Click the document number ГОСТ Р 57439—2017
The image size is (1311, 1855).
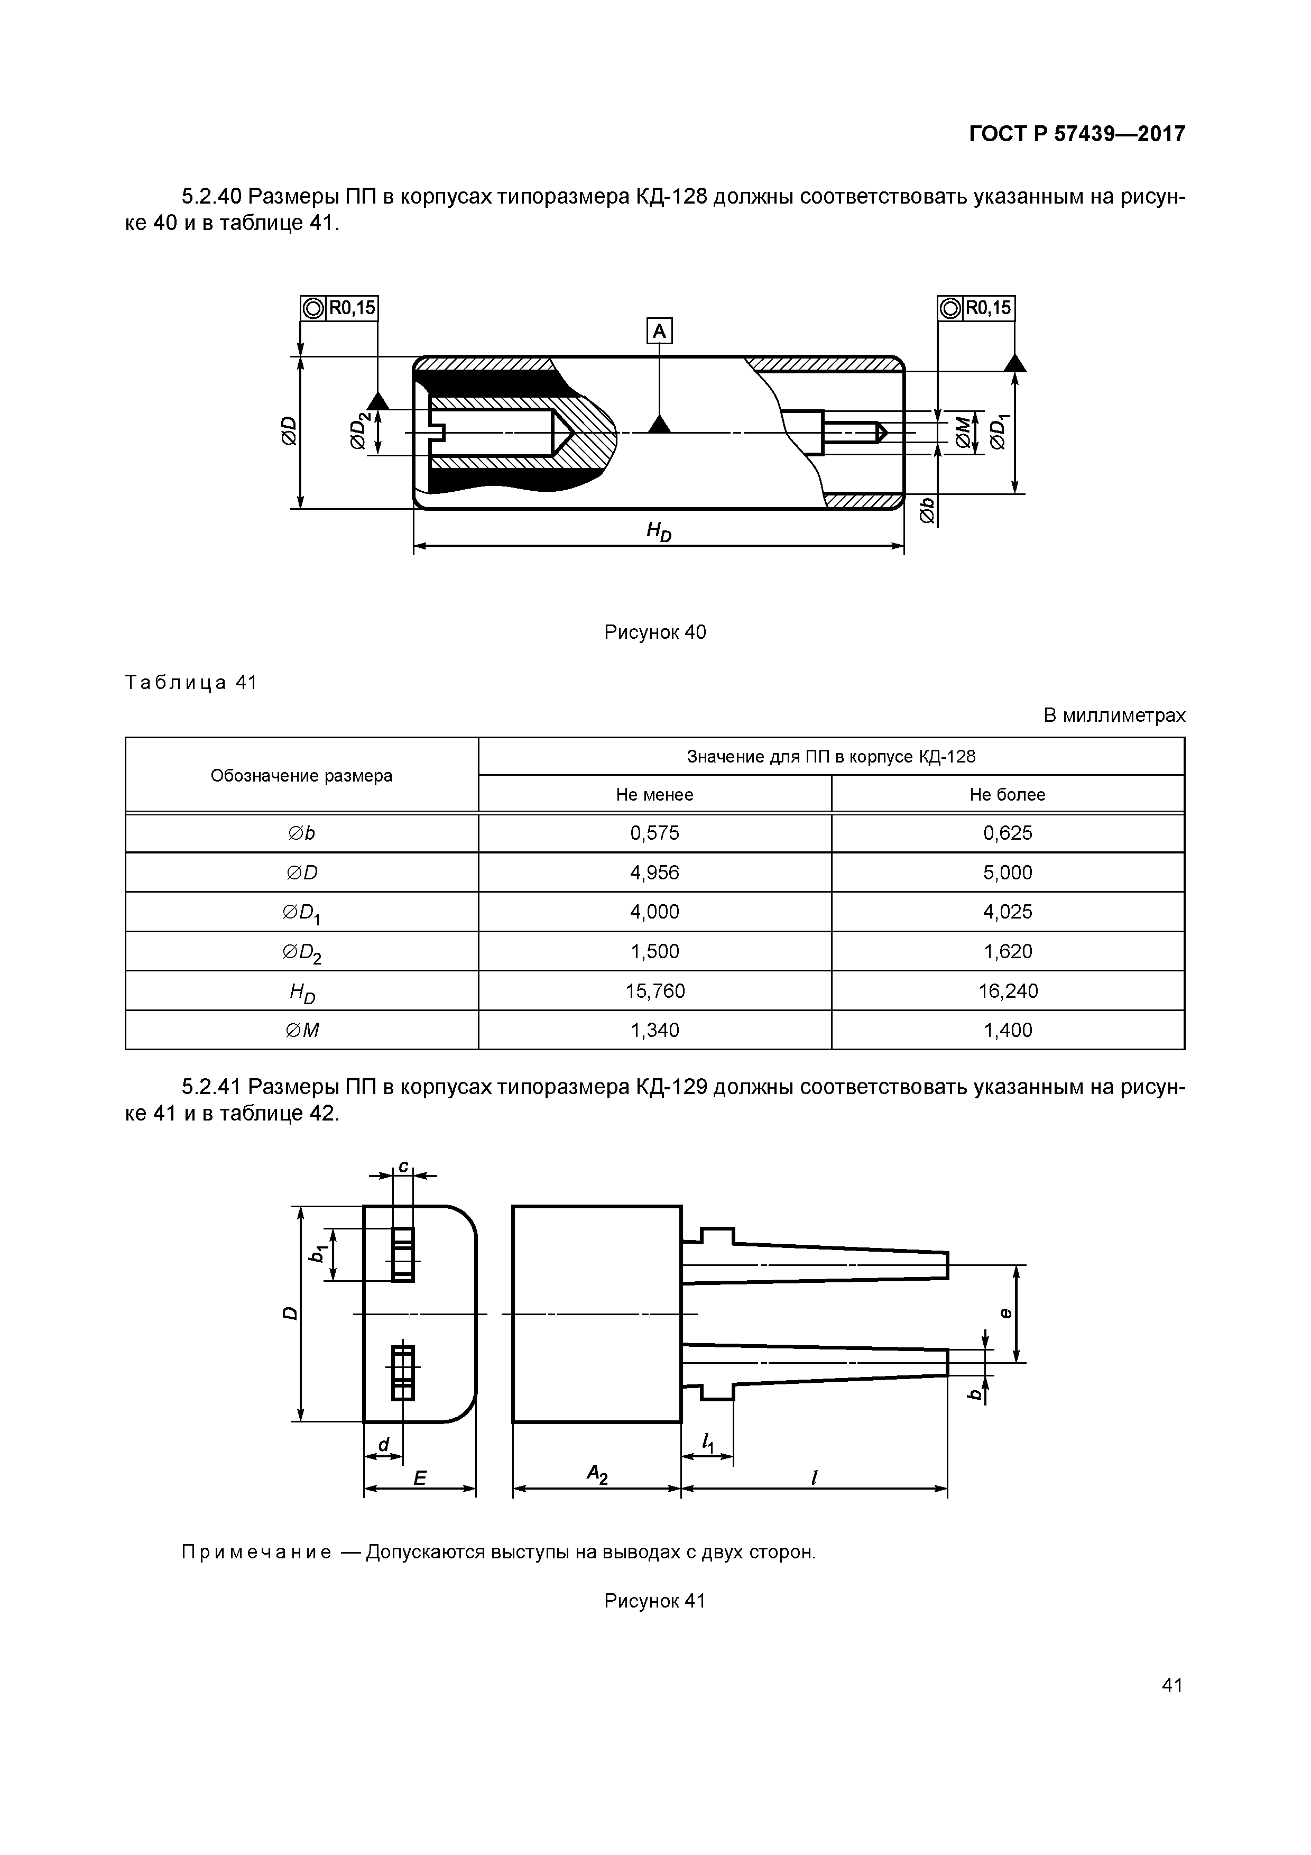pos(1077,134)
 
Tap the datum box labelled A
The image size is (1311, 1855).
pos(659,331)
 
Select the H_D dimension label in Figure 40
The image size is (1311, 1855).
pos(658,531)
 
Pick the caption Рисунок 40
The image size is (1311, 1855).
pos(654,632)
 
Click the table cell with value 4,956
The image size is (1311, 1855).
pos(654,873)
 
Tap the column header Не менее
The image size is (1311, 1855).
pos(654,794)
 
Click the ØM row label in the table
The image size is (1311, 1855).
pos(301,1030)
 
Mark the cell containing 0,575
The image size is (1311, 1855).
pos(654,833)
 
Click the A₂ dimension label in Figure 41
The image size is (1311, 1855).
pos(597,1476)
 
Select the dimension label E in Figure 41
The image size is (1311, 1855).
pos(419,1477)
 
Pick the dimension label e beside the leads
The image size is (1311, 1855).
pos(1005,1313)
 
